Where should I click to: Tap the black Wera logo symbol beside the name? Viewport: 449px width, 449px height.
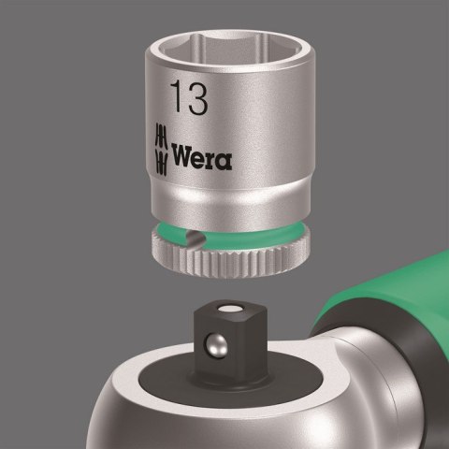pyautogui.click(x=161, y=147)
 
